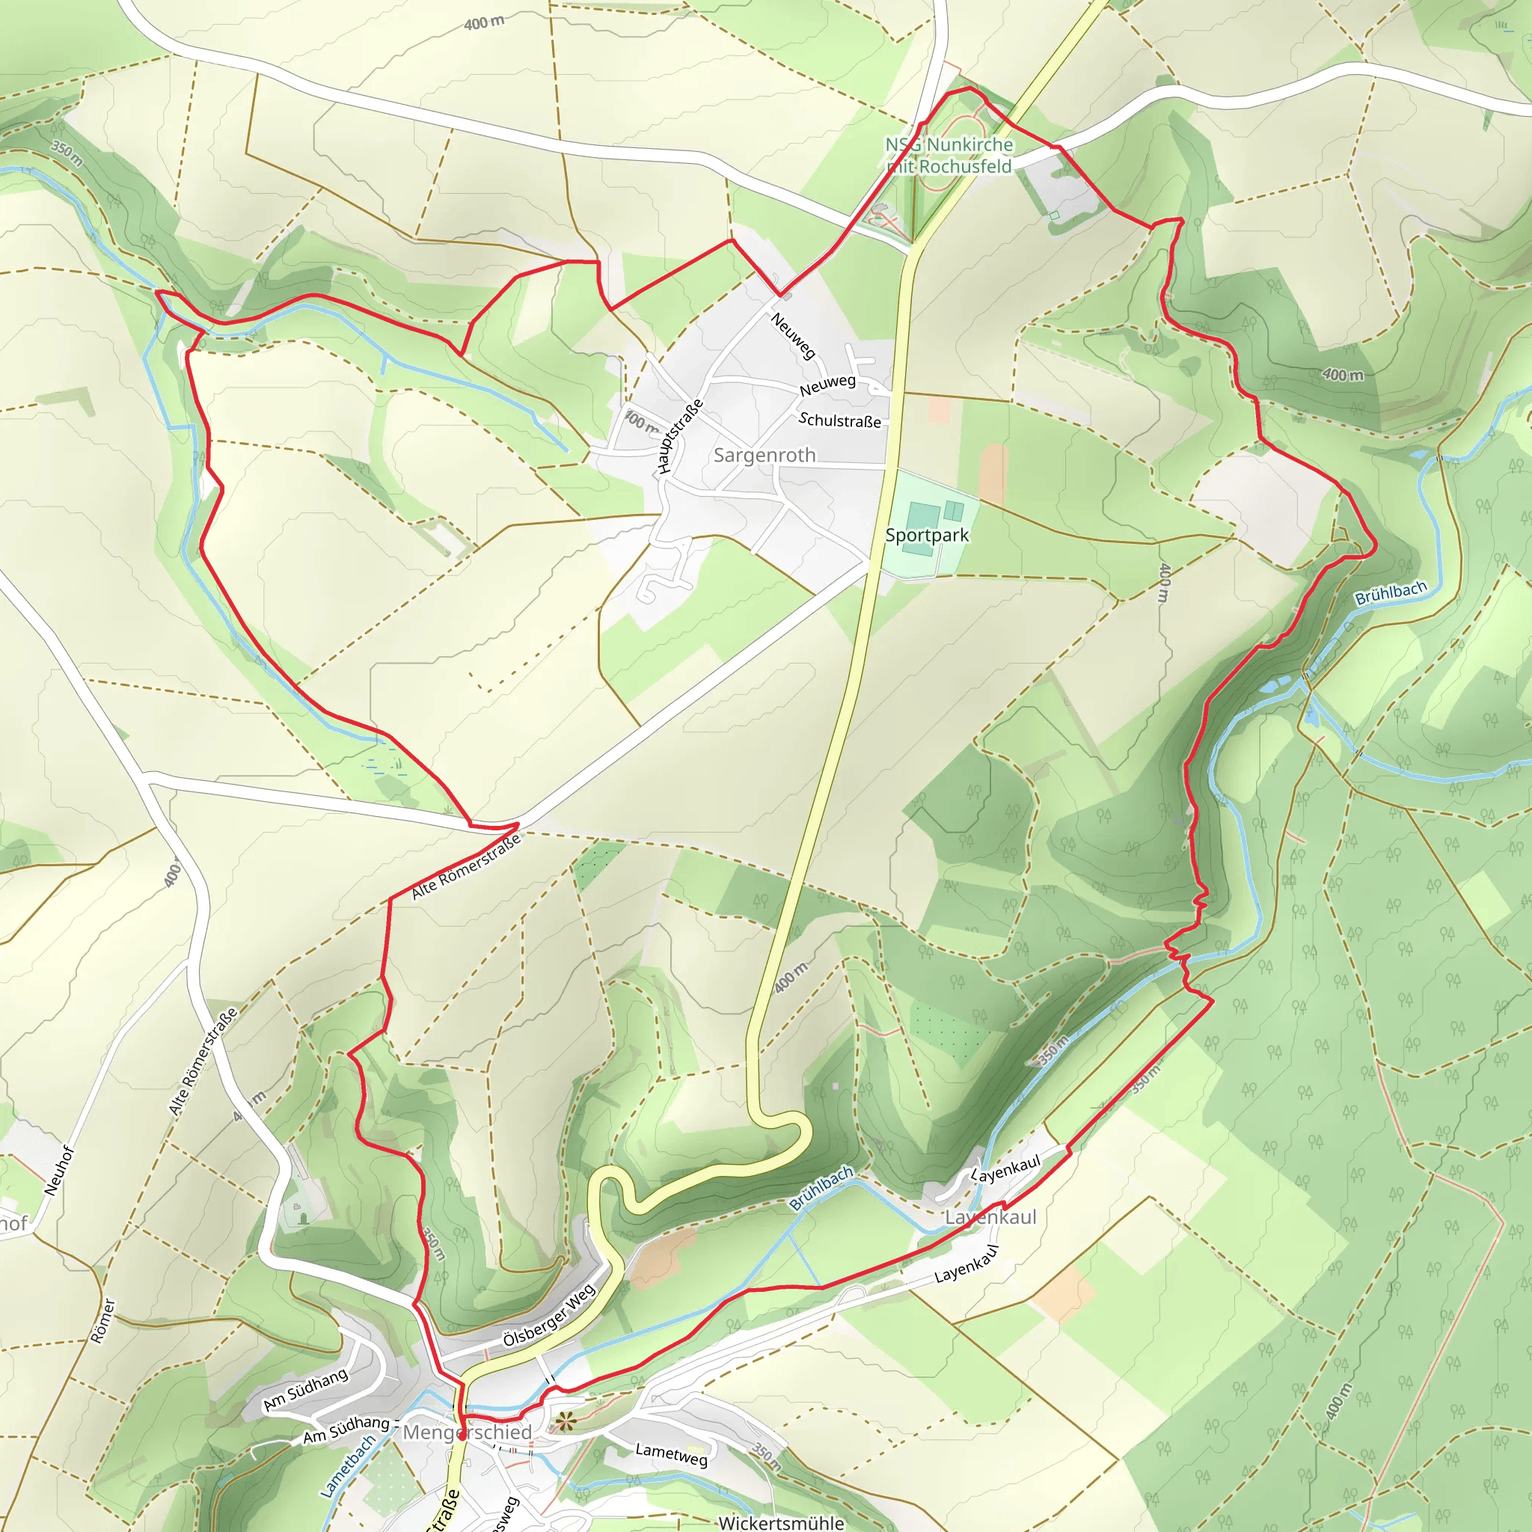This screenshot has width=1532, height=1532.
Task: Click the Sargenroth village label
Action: tap(764, 455)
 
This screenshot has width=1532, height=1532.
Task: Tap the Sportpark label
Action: tap(926, 536)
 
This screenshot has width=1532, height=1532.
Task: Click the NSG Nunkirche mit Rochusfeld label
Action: tap(949, 156)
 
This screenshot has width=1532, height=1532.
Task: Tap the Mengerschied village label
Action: tap(467, 1432)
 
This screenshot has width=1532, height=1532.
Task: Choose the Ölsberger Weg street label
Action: tap(549, 1317)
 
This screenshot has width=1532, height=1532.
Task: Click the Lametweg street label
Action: tap(671, 1453)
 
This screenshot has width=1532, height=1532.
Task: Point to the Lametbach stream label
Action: tap(347, 1466)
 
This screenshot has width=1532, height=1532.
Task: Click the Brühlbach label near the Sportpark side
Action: tap(1391, 592)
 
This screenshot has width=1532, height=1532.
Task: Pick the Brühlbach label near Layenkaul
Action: tap(821, 1188)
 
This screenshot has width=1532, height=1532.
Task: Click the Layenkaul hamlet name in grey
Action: tap(990, 1217)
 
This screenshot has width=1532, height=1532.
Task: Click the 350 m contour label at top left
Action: tap(67, 153)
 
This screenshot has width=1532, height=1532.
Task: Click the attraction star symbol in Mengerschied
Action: tap(564, 1421)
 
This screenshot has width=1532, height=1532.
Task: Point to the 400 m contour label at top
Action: tap(484, 23)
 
